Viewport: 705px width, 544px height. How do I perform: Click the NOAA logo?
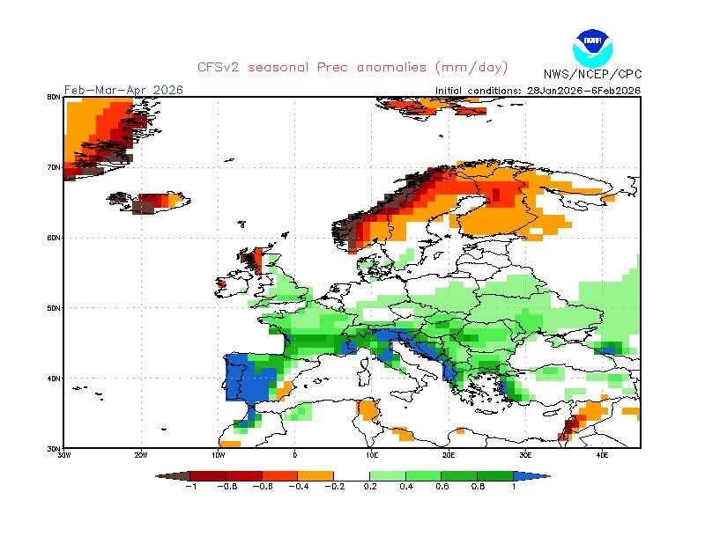tap(590, 46)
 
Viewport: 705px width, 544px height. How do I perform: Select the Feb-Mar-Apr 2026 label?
tap(111, 90)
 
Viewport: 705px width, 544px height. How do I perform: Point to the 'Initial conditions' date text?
tap(538, 90)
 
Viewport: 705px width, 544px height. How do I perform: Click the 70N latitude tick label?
tap(54, 167)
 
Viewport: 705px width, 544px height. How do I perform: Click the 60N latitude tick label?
tap(54, 238)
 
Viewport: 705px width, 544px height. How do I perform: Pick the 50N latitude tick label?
tap(54, 308)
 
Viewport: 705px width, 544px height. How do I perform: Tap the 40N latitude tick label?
tap(54, 379)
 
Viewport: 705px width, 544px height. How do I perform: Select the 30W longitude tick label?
tap(63, 455)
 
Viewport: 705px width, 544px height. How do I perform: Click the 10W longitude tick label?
tap(218, 455)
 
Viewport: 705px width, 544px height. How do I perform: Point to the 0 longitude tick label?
tap(294, 455)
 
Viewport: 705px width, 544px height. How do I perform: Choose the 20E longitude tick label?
tap(449, 455)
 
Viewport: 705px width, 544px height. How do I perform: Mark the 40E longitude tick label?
tap(603, 455)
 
